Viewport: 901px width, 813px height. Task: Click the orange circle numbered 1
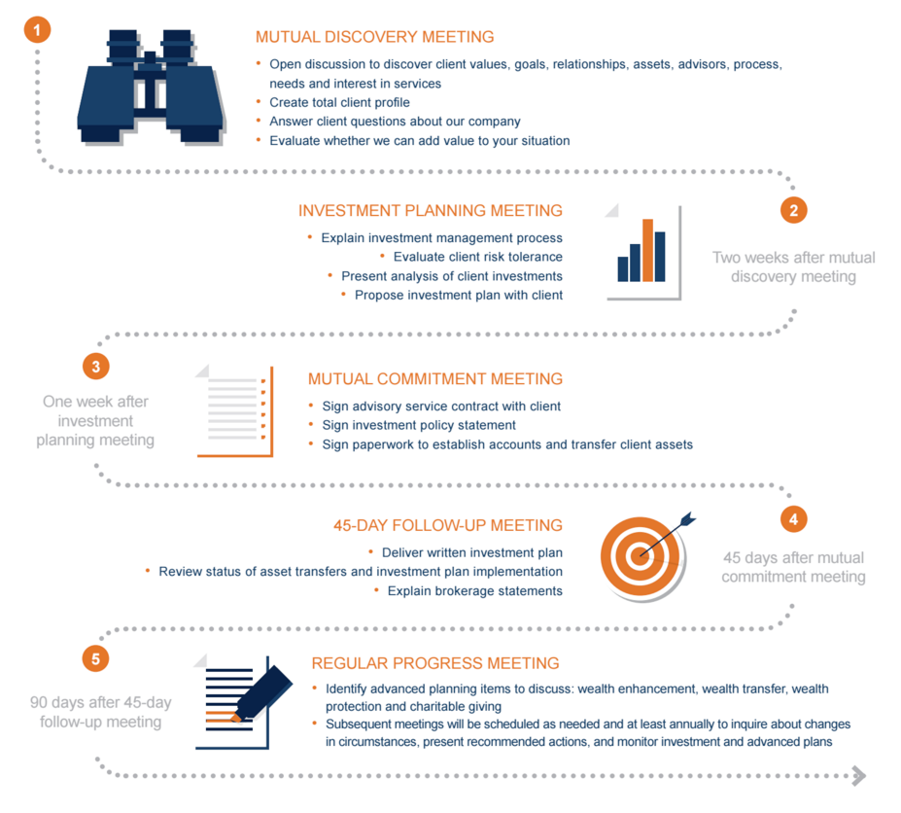pos(37,29)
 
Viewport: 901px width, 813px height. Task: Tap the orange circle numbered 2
pos(793,210)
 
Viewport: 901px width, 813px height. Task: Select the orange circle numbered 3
pos(96,367)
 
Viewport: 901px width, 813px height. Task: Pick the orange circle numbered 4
pos(793,519)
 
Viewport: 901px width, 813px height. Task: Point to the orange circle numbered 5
pos(95,658)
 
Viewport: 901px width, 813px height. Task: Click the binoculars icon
pos(151,87)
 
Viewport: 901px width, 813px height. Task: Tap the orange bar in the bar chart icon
pos(647,250)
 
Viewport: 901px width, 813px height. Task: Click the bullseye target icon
pos(643,556)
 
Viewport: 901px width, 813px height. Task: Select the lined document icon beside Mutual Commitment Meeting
pos(234,411)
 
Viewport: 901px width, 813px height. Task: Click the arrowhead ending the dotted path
pos(858,776)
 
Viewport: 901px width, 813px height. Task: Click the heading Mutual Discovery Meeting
pos(374,37)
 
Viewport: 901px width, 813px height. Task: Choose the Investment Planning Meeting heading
pos(431,210)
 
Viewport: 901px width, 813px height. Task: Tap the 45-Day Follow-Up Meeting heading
pos(448,525)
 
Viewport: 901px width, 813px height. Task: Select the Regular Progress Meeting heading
pos(435,663)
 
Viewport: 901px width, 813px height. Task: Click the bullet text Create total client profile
pos(339,102)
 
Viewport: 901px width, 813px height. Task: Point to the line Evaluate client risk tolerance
pos(478,257)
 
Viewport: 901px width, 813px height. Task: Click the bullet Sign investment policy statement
pos(419,425)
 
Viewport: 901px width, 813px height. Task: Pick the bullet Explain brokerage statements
pos(475,591)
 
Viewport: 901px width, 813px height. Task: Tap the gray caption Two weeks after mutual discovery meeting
pos(793,266)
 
